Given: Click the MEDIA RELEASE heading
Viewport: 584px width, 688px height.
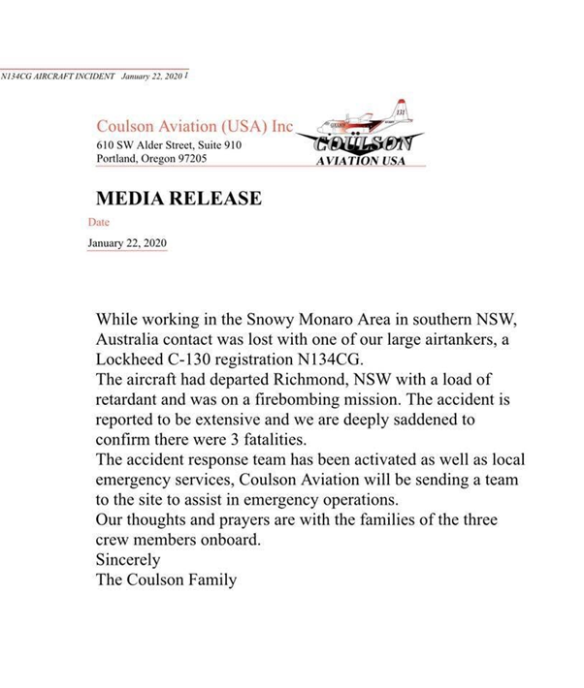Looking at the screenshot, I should (178, 199).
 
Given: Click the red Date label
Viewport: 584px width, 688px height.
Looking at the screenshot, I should (99, 222).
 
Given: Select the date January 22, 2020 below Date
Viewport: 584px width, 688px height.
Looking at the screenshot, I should (127, 243).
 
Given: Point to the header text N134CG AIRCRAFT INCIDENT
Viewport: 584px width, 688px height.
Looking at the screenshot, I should (57, 75).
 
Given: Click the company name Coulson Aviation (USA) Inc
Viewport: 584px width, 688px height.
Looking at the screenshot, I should (194, 127).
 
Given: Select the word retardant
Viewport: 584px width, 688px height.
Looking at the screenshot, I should (133, 398).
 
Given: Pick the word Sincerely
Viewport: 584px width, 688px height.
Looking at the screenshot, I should (128, 560).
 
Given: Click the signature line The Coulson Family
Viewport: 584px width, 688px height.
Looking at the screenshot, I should (166, 580).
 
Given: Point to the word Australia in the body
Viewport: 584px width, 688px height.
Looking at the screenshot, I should (133, 337).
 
